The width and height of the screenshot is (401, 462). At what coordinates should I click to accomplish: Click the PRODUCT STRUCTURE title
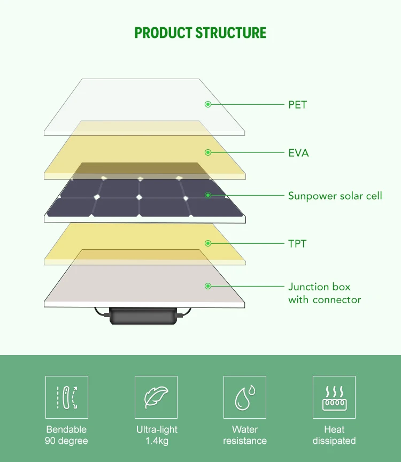click(200, 33)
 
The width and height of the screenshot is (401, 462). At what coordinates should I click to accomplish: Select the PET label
click(297, 104)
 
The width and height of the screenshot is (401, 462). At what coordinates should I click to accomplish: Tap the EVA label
click(298, 153)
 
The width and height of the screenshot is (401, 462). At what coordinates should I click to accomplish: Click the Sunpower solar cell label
click(335, 196)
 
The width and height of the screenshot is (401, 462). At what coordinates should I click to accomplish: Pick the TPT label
click(297, 244)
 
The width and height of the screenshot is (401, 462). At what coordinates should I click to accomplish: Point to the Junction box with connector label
click(324, 293)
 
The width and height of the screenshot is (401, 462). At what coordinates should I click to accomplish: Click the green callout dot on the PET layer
click(208, 104)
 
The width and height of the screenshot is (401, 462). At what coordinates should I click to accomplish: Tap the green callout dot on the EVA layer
click(208, 152)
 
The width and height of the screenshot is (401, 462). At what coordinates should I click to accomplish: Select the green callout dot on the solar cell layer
click(208, 195)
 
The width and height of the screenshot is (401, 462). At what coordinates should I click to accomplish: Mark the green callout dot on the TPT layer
click(208, 243)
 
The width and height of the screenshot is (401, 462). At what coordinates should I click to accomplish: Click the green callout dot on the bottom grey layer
click(208, 286)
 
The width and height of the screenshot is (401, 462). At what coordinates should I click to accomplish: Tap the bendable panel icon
click(67, 397)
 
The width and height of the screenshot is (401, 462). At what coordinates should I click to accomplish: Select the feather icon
click(156, 397)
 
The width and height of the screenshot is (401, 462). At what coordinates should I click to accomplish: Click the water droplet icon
click(245, 397)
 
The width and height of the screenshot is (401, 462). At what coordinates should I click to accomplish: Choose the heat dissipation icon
click(334, 397)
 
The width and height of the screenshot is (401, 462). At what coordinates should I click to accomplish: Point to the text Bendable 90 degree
click(67, 435)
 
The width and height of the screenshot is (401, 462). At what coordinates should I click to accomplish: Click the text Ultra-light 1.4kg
click(156, 435)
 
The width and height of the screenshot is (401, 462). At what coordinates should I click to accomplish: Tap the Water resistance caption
click(245, 435)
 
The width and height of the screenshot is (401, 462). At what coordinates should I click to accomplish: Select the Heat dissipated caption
click(334, 435)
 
